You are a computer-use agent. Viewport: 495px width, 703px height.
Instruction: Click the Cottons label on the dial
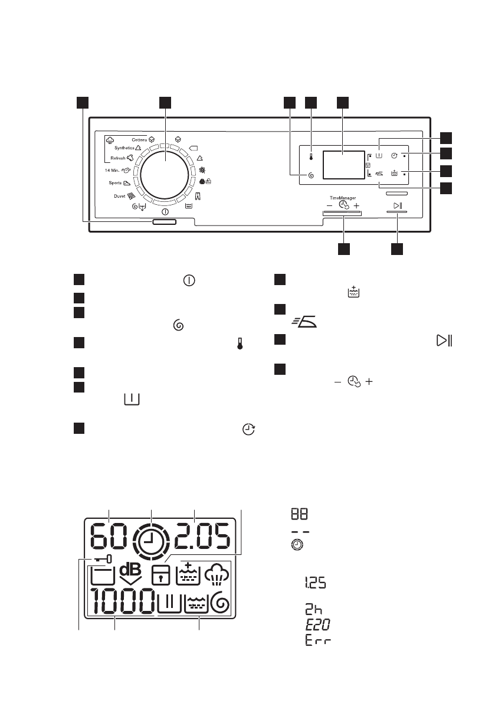pyautogui.click(x=139, y=139)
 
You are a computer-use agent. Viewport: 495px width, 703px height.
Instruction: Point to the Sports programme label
pyautogui.click(x=114, y=184)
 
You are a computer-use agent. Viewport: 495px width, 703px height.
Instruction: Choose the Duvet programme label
pyautogui.click(x=117, y=195)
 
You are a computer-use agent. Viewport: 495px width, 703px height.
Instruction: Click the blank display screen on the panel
pyautogui.click(x=343, y=164)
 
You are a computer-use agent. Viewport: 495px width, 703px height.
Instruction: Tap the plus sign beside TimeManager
pyautogui.click(x=356, y=207)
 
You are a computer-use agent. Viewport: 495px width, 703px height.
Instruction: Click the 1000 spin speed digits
pyautogui.click(x=122, y=603)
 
